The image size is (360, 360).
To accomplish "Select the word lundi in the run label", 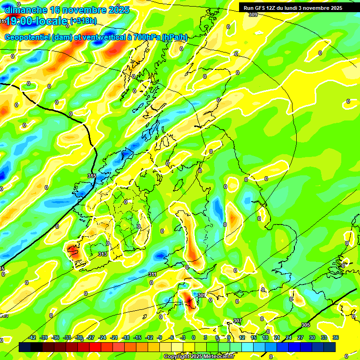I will point(294,8).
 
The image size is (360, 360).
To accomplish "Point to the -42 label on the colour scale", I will point(32,337).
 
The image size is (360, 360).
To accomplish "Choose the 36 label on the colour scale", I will point(336,337).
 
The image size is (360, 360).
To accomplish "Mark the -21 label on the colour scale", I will point(114,337).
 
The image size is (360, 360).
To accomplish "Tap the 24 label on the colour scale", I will point(289,337).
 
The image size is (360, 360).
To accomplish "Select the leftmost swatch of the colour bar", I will point(25,347).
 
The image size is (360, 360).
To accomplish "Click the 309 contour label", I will point(253,15).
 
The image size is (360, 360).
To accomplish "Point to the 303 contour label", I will point(202,295).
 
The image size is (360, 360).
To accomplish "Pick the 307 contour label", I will point(237,321).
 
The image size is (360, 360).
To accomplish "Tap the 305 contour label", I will point(305,325).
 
